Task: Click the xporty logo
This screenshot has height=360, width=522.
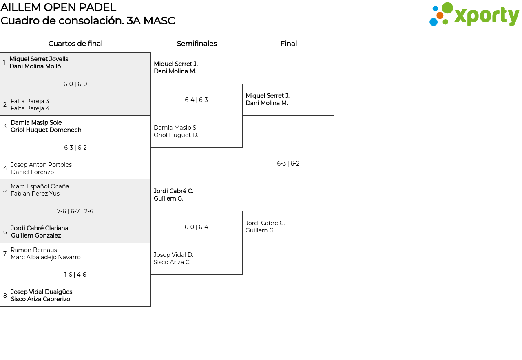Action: click(474, 15)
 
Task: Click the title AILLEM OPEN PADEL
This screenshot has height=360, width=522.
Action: click(58, 7)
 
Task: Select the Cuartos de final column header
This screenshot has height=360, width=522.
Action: click(75, 44)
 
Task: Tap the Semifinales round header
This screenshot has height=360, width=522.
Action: click(197, 44)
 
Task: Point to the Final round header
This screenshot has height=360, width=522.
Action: click(288, 44)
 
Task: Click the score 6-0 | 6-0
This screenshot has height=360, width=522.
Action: click(75, 84)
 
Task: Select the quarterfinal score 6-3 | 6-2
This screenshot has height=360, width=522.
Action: click(75, 148)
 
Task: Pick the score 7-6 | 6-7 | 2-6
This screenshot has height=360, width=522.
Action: click(75, 211)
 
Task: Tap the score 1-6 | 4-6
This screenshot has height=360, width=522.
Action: click(75, 275)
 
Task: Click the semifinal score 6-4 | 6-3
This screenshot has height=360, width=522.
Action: click(197, 100)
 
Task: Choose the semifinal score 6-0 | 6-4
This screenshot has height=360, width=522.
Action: click(197, 227)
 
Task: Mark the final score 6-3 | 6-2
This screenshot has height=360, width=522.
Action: click(288, 163)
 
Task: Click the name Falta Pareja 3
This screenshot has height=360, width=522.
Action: click(30, 101)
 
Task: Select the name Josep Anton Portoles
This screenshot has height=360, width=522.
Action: click(41, 165)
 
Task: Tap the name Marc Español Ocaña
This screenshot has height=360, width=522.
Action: click(40, 186)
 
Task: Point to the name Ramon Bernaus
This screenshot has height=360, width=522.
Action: click(34, 250)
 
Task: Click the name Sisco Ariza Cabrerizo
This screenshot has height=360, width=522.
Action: click(40, 299)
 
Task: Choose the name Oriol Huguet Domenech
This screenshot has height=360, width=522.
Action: click(46, 130)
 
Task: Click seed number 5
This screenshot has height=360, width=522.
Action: click(5, 190)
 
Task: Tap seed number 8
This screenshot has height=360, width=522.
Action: click(5, 296)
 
